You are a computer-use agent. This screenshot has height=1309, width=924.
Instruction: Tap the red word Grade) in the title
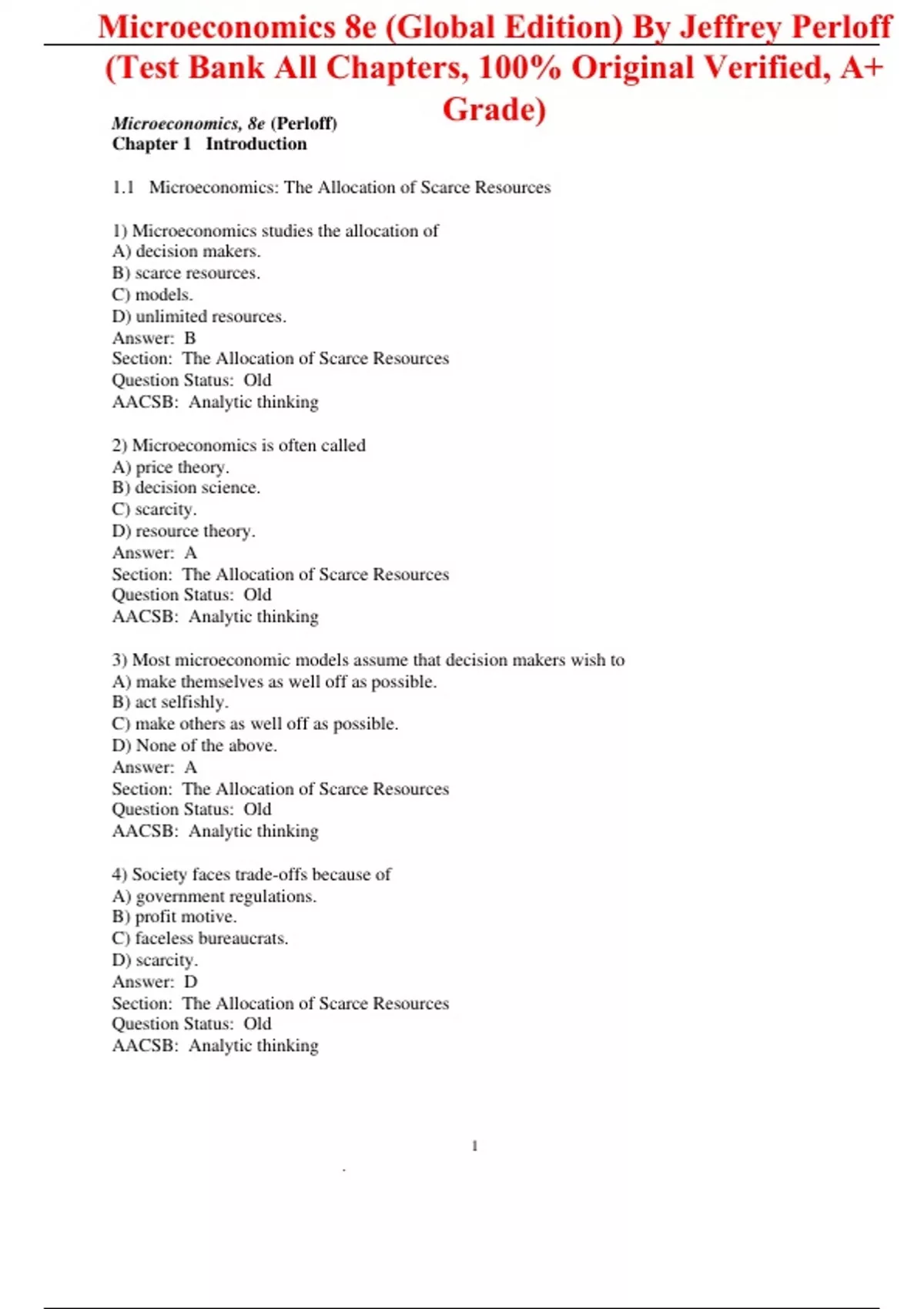tap(494, 109)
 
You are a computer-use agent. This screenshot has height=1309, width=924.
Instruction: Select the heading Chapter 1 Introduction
tap(209, 144)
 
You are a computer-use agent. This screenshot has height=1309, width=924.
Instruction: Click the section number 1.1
tap(123, 188)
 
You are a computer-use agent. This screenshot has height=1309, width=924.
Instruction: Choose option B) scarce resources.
tap(186, 273)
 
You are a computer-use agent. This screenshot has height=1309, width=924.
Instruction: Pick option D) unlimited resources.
tap(199, 316)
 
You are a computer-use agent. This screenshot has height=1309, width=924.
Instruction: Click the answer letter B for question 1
tap(190, 338)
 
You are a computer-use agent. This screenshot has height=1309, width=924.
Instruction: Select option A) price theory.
tap(171, 467)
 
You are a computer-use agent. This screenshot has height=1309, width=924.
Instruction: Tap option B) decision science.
tap(186, 487)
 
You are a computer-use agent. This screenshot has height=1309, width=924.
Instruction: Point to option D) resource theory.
tap(184, 531)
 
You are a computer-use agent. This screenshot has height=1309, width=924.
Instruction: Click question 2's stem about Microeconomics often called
tap(239, 445)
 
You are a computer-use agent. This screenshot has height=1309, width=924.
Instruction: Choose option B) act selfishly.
tap(170, 702)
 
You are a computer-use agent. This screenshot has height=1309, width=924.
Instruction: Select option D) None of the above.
tap(195, 745)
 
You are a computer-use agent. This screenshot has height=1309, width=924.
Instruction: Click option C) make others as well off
tap(255, 724)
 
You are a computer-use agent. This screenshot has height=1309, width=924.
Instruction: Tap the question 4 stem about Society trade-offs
tap(251, 875)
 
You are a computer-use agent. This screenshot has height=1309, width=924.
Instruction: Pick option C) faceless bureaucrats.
tap(200, 939)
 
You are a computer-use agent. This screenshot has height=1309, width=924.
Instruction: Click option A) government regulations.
tap(214, 896)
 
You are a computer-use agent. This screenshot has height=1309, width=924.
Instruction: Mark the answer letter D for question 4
tap(190, 982)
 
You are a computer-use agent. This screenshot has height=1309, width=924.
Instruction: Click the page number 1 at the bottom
tap(474, 1147)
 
